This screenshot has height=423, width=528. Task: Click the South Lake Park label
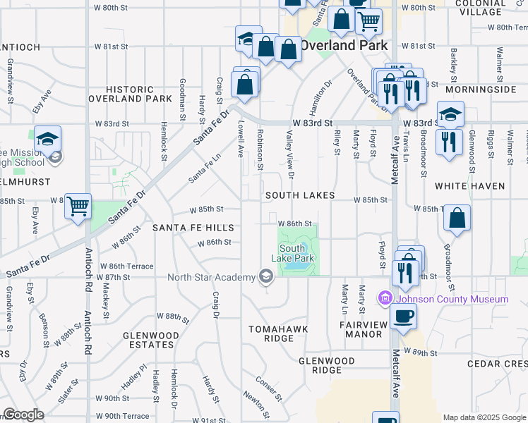click(296, 253)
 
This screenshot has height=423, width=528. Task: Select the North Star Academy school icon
click(266, 276)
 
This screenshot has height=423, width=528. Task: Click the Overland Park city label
click(344, 45)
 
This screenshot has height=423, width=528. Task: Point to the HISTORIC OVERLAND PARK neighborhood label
click(130, 94)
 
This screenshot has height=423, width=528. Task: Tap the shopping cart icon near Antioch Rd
click(78, 207)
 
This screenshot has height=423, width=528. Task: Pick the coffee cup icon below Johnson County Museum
click(403, 315)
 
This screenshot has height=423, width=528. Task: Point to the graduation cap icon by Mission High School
click(47, 138)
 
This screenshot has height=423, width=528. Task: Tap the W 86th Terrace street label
click(126, 266)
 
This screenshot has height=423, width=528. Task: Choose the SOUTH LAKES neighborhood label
click(299, 195)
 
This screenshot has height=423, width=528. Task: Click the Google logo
click(23, 415)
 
